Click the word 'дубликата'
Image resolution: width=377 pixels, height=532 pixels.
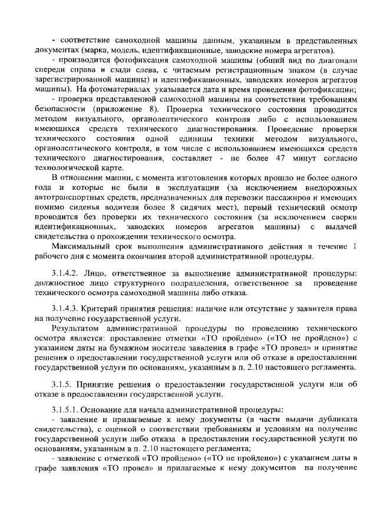coord(334,418)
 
